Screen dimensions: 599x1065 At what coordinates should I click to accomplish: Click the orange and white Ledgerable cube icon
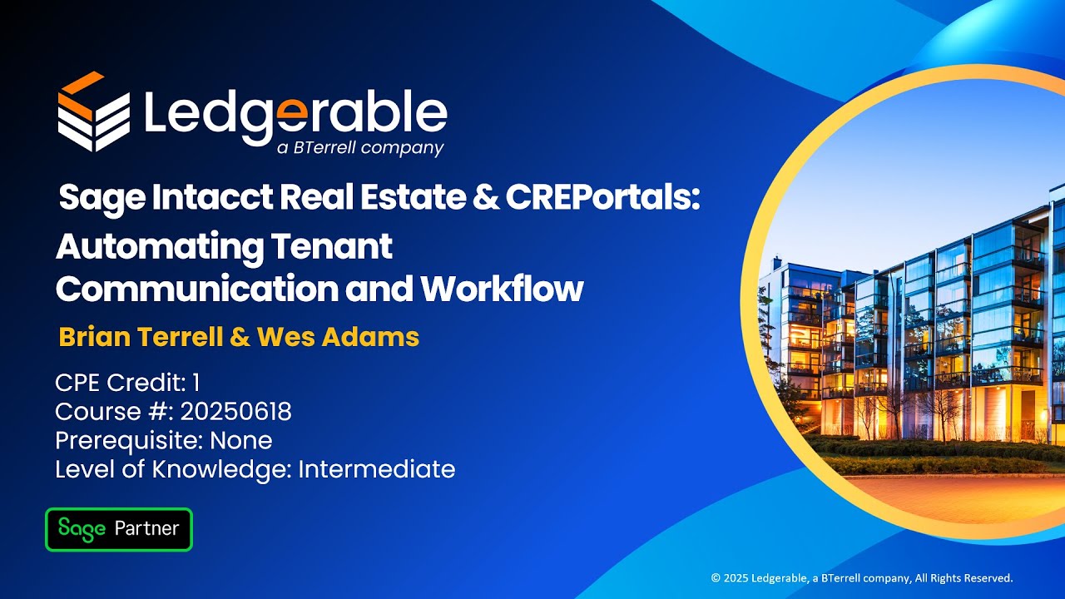point(93,112)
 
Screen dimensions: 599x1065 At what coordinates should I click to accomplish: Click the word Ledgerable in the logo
point(295,114)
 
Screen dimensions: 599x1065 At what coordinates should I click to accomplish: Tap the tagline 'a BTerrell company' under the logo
point(359,149)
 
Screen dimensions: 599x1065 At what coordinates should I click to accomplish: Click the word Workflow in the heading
point(502,289)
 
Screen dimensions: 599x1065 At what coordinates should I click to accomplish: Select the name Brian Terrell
point(141,337)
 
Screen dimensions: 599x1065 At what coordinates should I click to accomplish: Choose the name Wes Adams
point(338,337)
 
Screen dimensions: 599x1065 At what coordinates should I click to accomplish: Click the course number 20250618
point(235,412)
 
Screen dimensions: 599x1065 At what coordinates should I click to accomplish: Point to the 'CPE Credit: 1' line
point(127,383)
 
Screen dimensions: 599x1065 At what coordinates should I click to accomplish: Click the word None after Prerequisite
point(240,440)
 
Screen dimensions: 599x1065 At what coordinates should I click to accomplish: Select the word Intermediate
point(376,469)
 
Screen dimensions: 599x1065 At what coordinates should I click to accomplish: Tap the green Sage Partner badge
point(119,529)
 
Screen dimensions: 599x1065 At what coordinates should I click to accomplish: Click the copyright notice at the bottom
point(861,577)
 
